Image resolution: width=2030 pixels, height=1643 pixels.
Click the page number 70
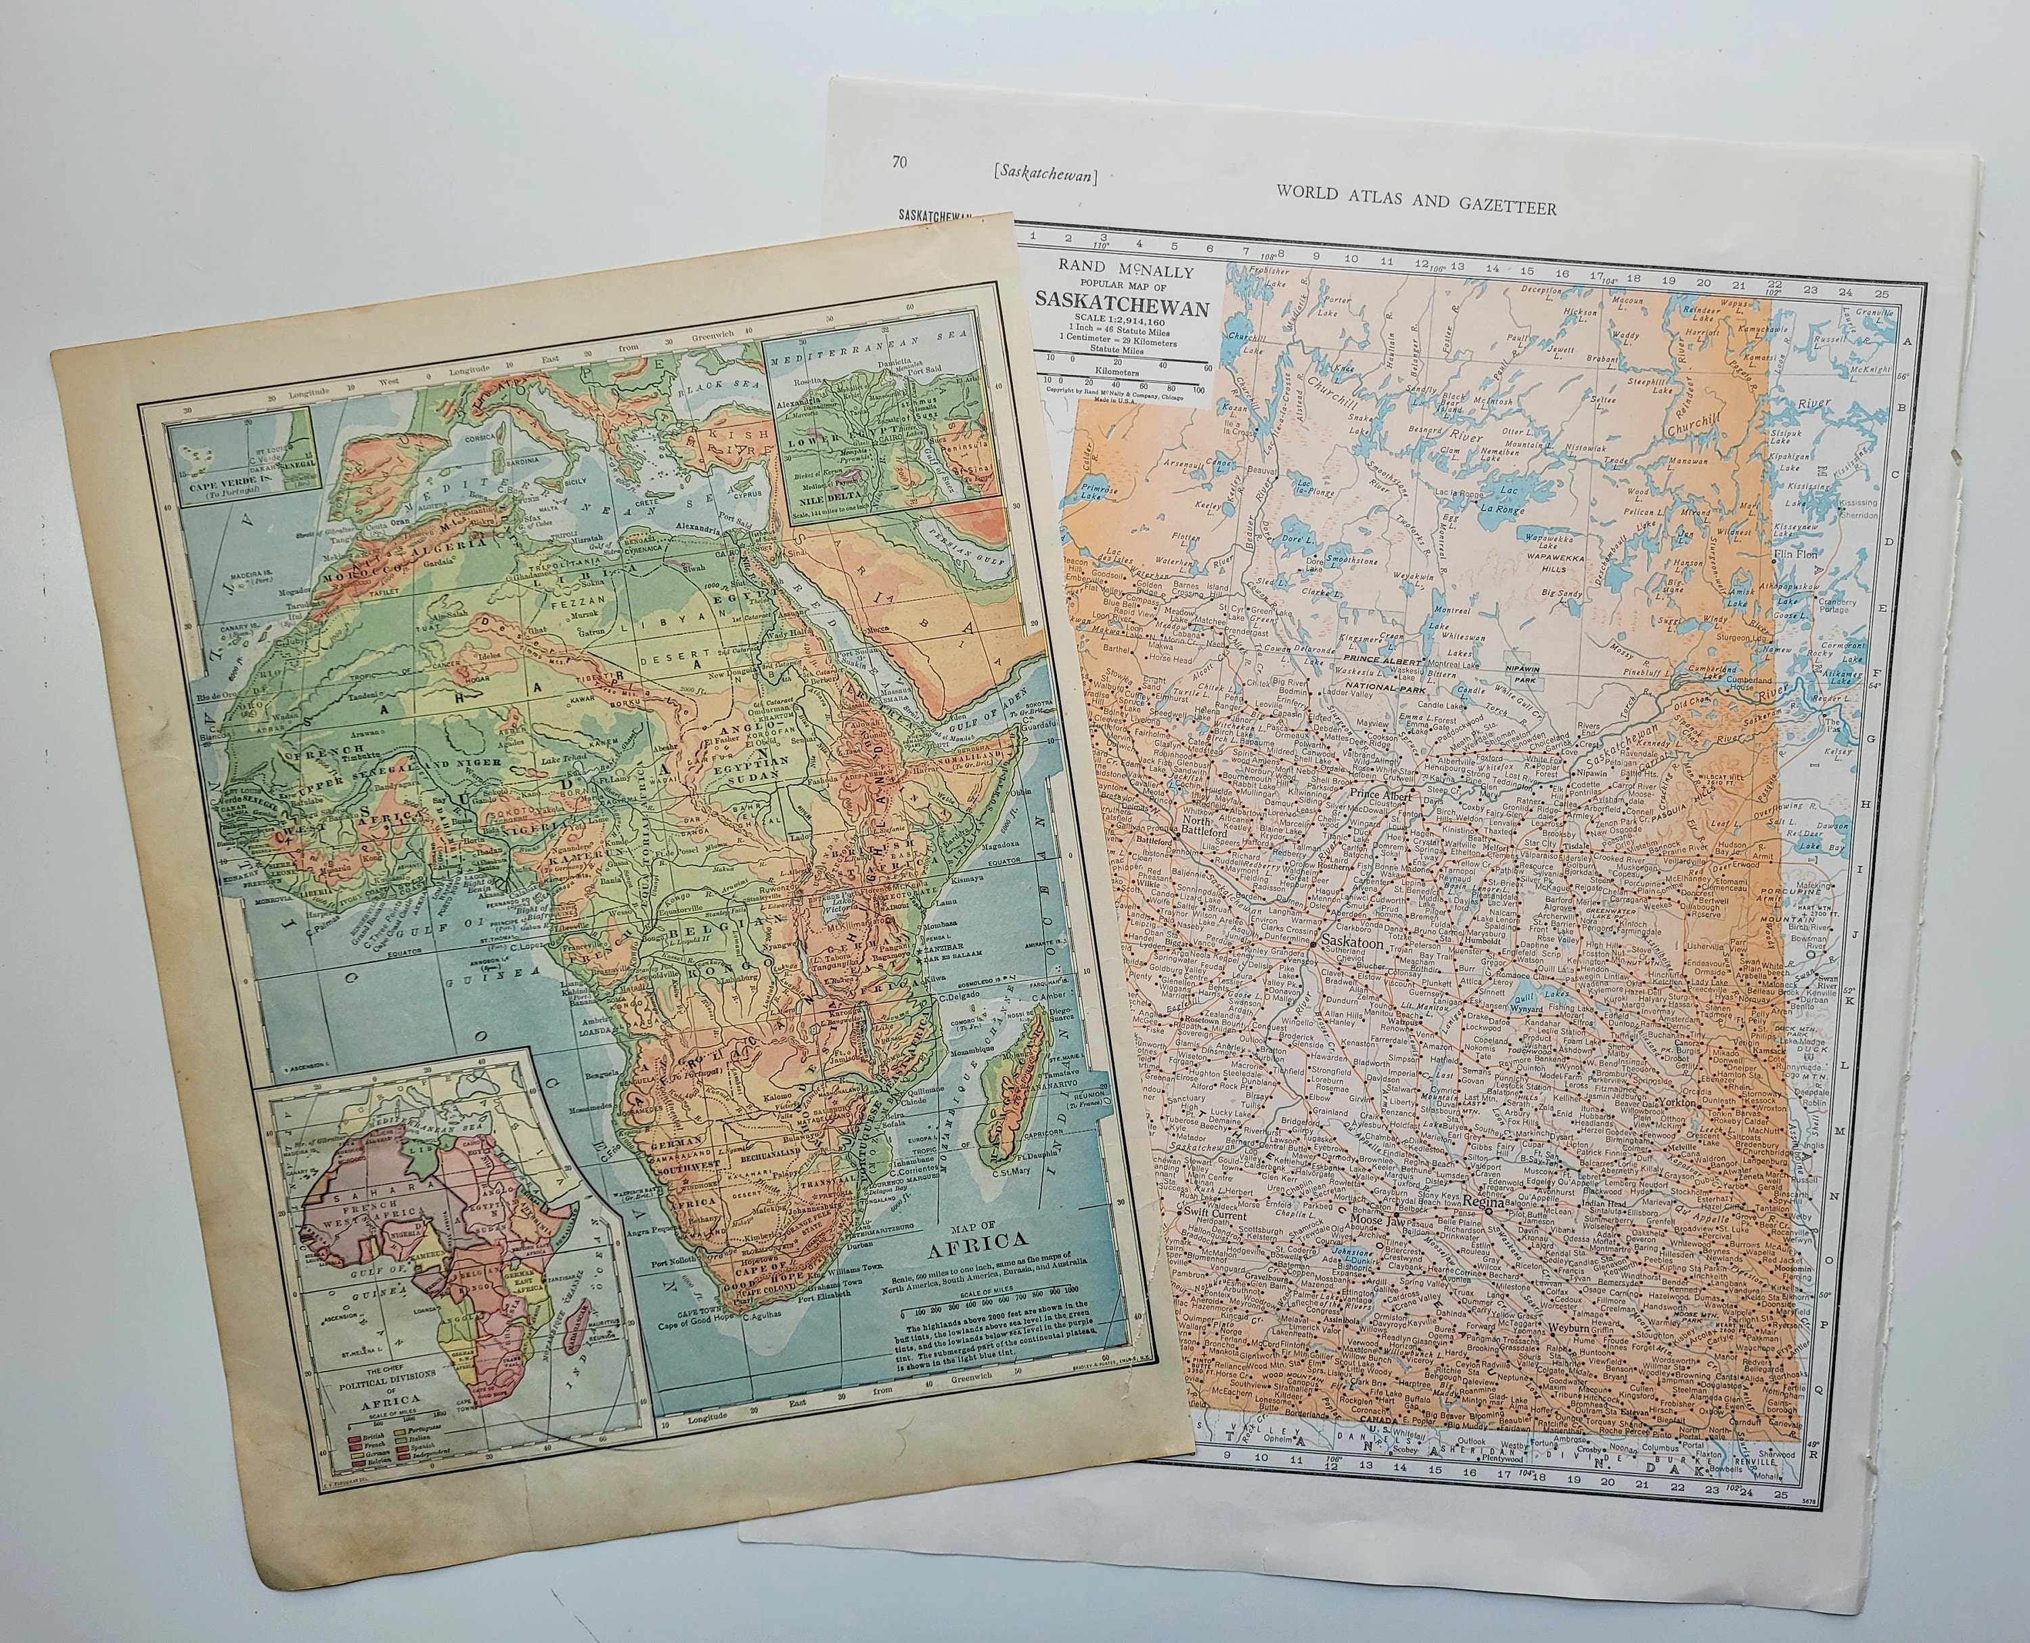[899, 162]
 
